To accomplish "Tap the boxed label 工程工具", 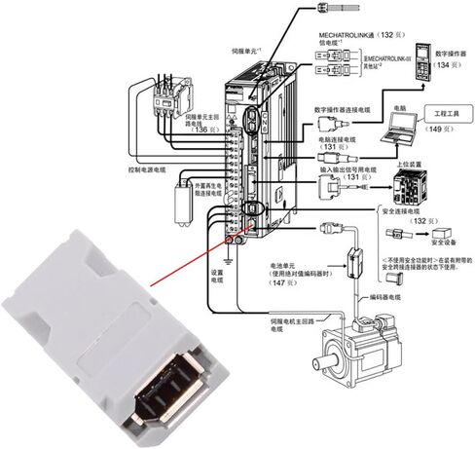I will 442,113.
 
